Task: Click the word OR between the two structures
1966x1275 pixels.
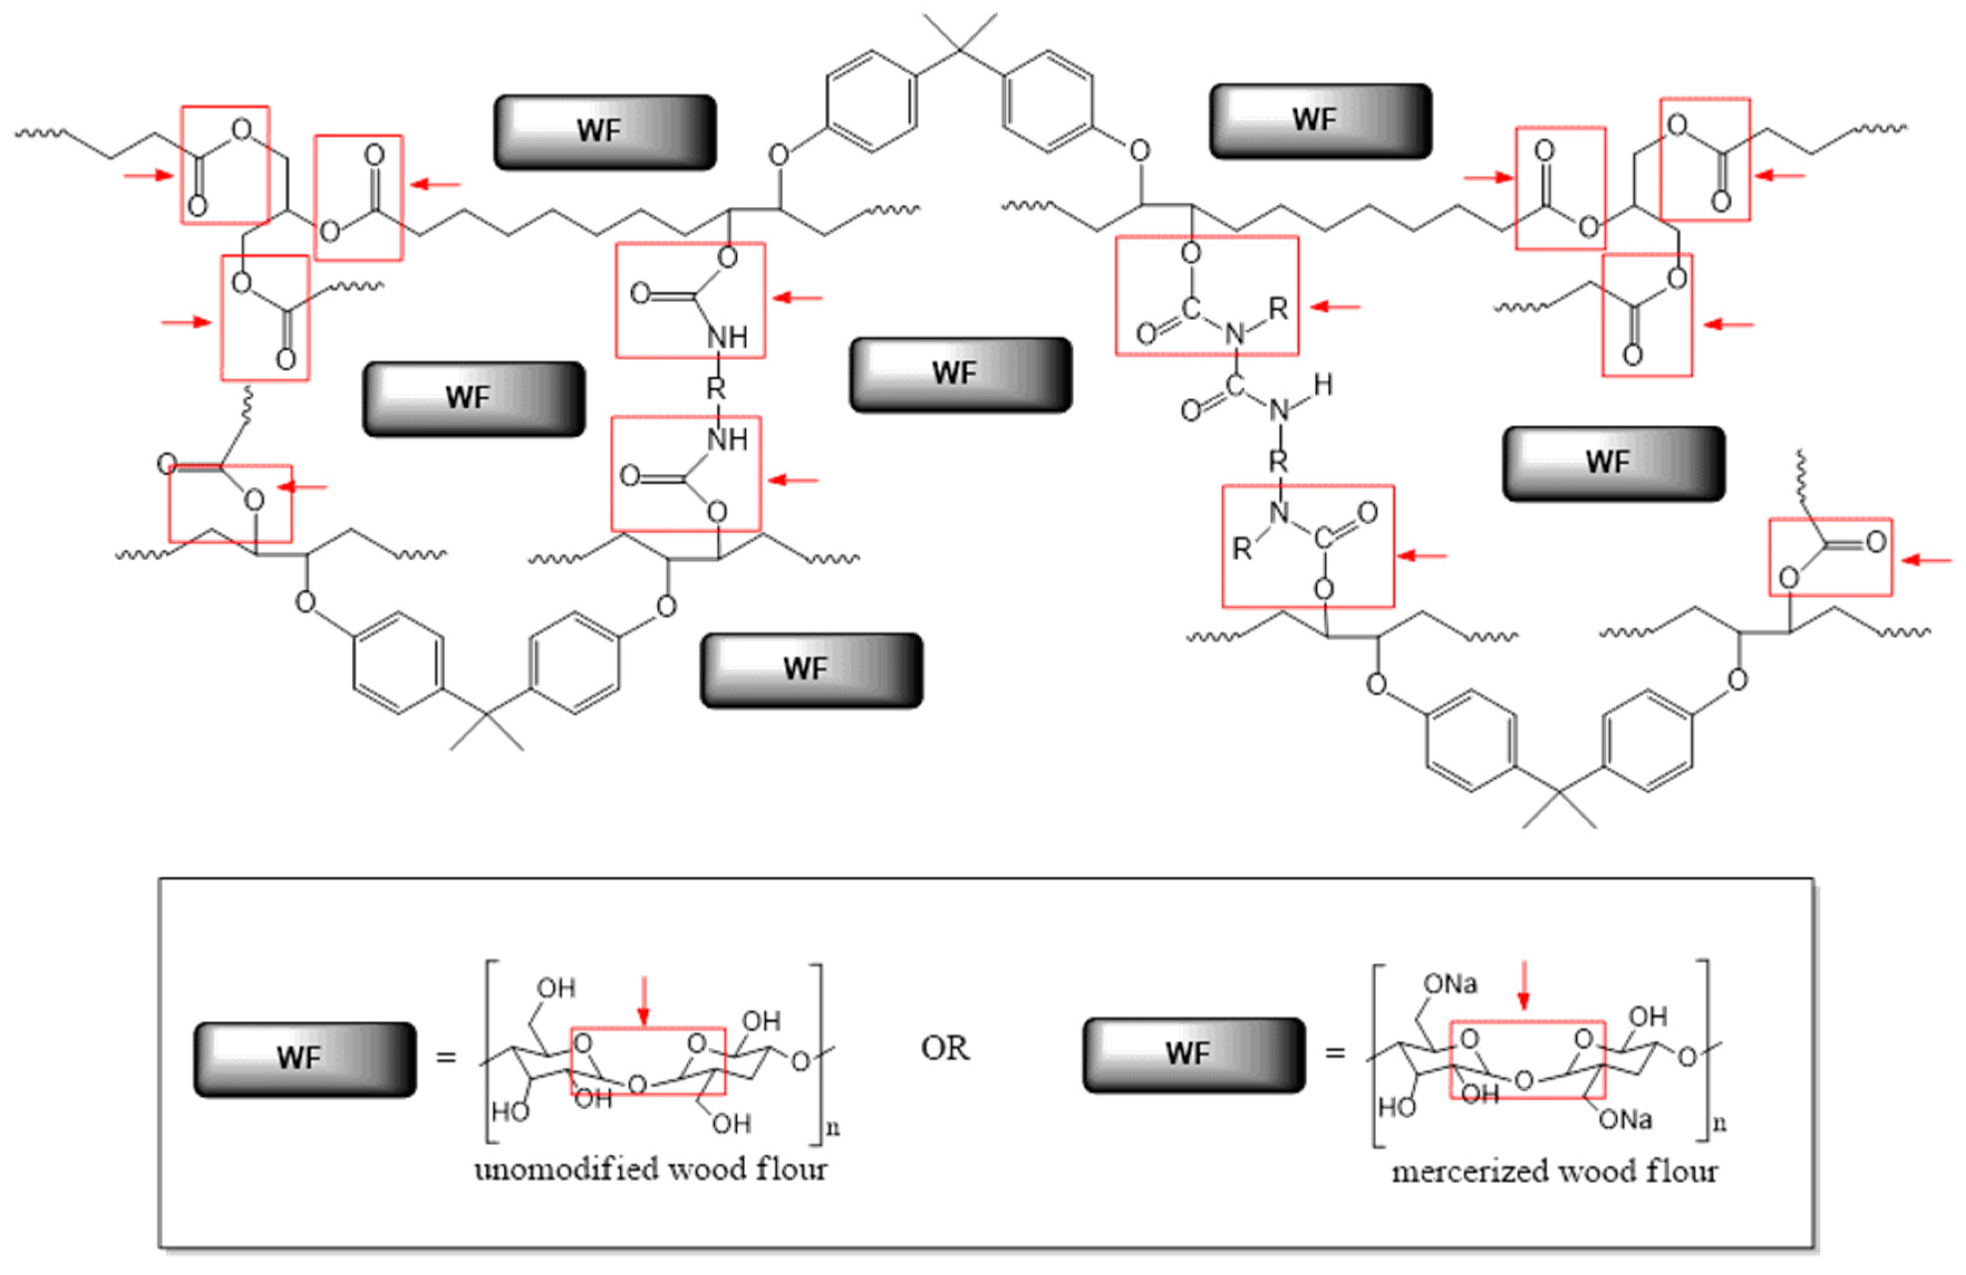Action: pyautogui.click(x=945, y=1049)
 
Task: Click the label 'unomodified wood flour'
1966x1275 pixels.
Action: pyautogui.click(x=650, y=1169)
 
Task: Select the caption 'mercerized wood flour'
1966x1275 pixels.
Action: pyautogui.click(x=1555, y=1171)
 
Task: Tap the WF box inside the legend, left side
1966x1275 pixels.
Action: pyautogui.click(x=305, y=1059)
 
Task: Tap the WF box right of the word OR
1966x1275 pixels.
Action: pyautogui.click(x=1194, y=1055)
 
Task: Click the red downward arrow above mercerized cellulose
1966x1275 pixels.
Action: pyautogui.click(x=1524, y=985)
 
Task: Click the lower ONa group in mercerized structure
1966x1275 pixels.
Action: pyautogui.click(x=1625, y=1120)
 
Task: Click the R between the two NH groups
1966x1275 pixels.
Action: pyautogui.click(x=715, y=388)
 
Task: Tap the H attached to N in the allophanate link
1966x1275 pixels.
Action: pyautogui.click(x=1323, y=384)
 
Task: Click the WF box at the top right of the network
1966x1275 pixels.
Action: pyautogui.click(x=1320, y=120)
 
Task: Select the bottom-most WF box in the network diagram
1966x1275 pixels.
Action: pyautogui.click(x=811, y=670)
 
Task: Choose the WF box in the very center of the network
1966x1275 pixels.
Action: pyautogui.click(x=961, y=374)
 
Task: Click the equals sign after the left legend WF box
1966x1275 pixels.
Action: pyautogui.click(x=446, y=1057)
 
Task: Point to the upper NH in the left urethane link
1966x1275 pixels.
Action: pyautogui.click(x=728, y=337)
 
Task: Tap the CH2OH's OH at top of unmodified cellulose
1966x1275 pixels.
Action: pyautogui.click(x=556, y=988)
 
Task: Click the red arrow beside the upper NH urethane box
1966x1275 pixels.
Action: pyautogui.click(x=798, y=298)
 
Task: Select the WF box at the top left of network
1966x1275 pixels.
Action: pyautogui.click(x=604, y=132)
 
